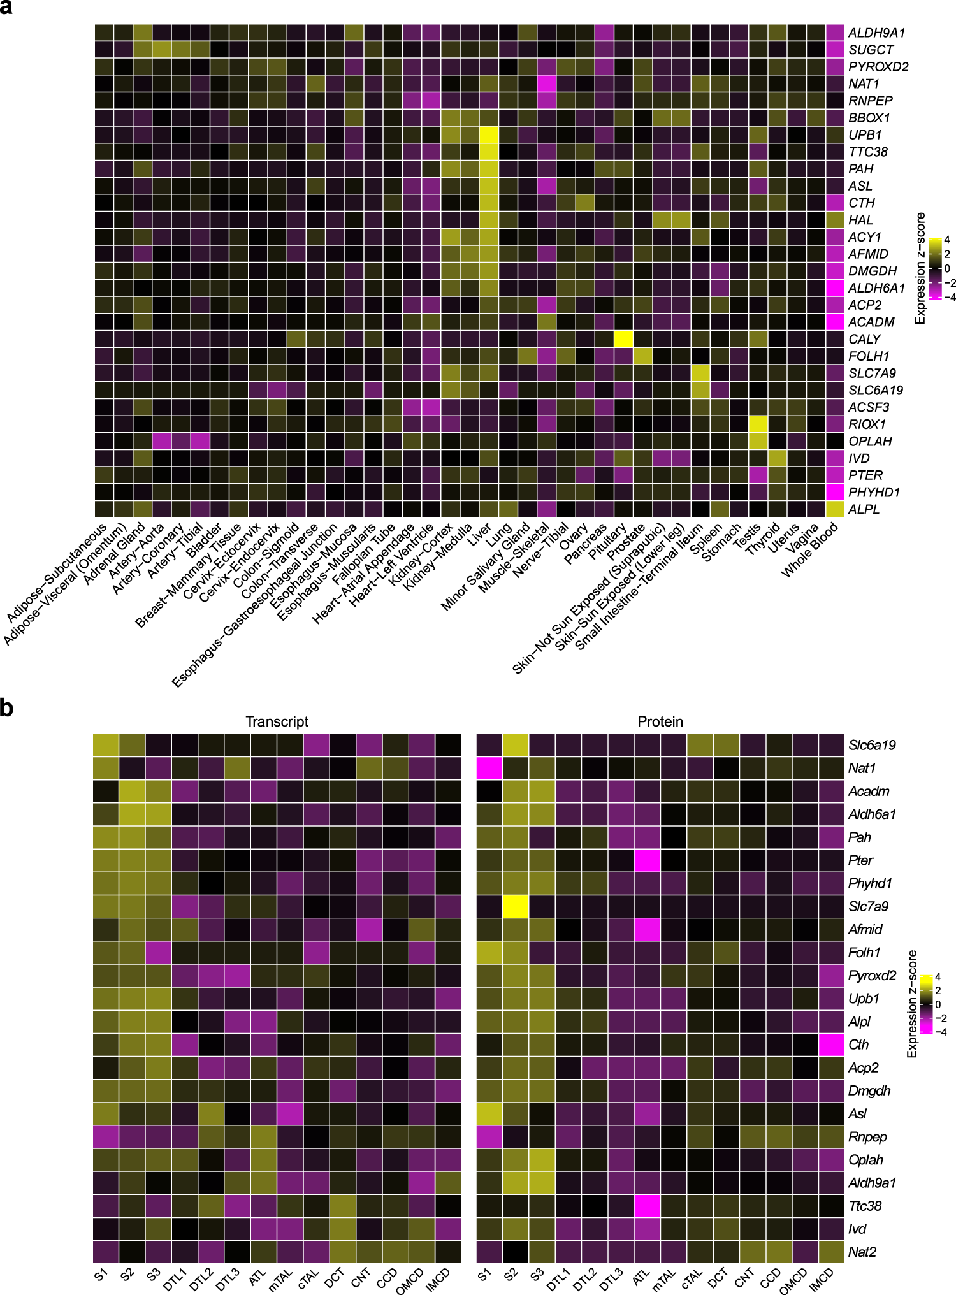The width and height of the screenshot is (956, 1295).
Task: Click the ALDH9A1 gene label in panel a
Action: pos(876,33)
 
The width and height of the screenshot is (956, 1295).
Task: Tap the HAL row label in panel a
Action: pos(860,220)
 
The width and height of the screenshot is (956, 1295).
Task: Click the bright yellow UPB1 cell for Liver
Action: pos(489,134)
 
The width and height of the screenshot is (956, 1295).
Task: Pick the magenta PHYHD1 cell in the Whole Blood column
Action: pos(835,492)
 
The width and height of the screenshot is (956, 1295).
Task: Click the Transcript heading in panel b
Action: pos(277,721)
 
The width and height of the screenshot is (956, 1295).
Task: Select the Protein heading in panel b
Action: pos(660,721)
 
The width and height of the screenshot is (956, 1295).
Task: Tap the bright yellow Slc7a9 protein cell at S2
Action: pos(516,906)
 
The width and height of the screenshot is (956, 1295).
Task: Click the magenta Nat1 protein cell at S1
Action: pos(489,768)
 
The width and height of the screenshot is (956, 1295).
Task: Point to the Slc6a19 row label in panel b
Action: pos(872,745)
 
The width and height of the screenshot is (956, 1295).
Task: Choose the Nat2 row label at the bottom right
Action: pos(862,1252)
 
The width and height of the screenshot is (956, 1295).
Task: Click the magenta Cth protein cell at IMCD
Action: pos(831,1045)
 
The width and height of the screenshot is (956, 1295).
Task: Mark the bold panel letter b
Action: pos(7,708)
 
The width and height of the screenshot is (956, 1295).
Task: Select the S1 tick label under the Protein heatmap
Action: pos(485,1275)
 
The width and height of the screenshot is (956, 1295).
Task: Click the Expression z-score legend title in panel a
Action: pos(920,268)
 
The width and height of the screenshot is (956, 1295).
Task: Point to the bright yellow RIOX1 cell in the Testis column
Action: pos(758,424)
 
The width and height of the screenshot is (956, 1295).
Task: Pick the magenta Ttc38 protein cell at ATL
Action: pos(647,1206)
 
